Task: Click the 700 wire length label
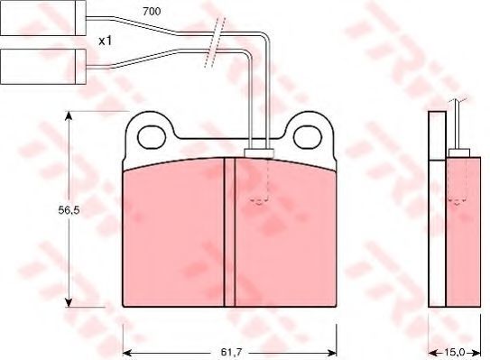pyautogui.click(x=152, y=12)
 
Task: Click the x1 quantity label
pyautogui.click(x=105, y=41)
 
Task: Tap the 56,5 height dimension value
pyautogui.click(x=69, y=210)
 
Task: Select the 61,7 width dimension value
pyautogui.click(x=231, y=353)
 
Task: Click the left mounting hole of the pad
pyautogui.click(x=152, y=137)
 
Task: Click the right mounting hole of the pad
pyautogui.click(x=308, y=137)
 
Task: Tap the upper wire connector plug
pyautogui.click(x=43, y=17)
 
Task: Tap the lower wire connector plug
pyautogui.click(x=43, y=67)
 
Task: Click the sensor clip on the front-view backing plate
pyautogui.click(x=259, y=152)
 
